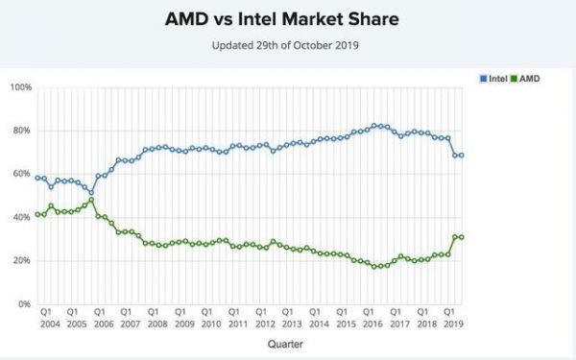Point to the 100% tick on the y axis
coord(20,87)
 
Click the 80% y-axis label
coord(22,131)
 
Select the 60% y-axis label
coord(22,174)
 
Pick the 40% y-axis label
coord(22,218)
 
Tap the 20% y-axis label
coord(22,261)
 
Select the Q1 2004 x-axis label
coord(45,318)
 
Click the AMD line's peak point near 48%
coord(91,201)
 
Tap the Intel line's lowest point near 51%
coord(91,192)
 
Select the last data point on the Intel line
coord(462,156)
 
